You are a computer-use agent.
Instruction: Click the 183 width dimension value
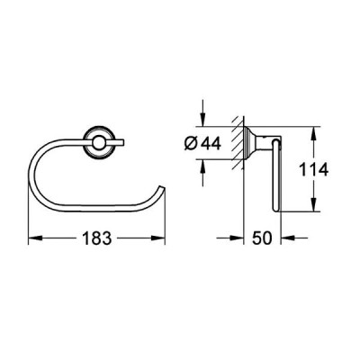pos(97,238)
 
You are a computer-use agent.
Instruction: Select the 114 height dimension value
pos(314,170)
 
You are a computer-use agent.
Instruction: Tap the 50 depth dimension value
pos(262,238)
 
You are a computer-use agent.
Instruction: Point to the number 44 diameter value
pos(211,143)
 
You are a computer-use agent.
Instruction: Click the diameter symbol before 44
pos(190,143)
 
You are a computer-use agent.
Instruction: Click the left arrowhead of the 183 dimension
pos(34,238)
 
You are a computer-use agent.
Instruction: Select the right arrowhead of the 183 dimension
pos(158,238)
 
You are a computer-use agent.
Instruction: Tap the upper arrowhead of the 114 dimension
pos(313,133)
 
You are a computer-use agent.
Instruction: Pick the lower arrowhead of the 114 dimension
pos(313,205)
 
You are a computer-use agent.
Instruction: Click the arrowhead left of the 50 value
pos(236,238)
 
